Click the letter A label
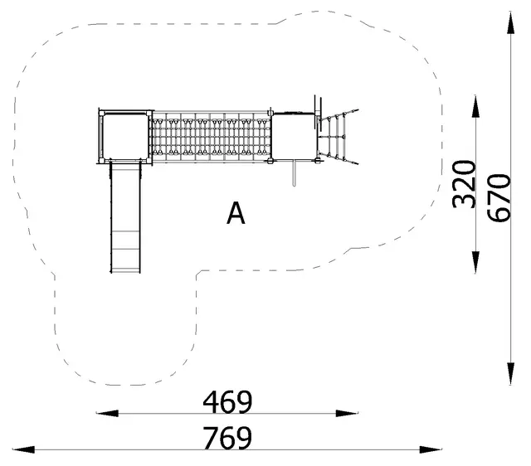pyautogui.click(x=236, y=213)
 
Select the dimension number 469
pyautogui.click(x=227, y=403)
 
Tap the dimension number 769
pyautogui.click(x=227, y=438)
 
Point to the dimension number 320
pyautogui.click(x=464, y=184)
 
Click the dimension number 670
pyautogui.click(x=499, y=198)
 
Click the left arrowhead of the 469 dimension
pyautogui.click(x=107, y=413)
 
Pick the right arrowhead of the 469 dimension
pyautogui.click(x=347, y=413)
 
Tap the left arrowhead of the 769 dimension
pyautogui.click(x=24, y=449)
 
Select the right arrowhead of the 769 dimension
pyautogui.click(x=431, y=449)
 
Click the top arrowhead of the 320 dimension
pyautogui.click(x=475, y=107)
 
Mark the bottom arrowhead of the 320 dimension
pyautogui.click(x=475, y=262)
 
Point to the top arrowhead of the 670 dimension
pyautogui.click(x=511, y=22)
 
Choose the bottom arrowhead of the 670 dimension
pyautogui.click(x=511, y=374)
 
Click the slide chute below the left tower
pyautogui.click(x=125, y=217)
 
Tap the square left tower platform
pyautogui.click(x=125, y=137)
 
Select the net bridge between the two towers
pyautogui.click(x=211, y=136)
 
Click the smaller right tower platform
pyautogui.click(x=294, y=136)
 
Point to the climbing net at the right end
pyautogui.click(x=338, y=137)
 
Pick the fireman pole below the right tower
pyautogui.click(x=294, y=173)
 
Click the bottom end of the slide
pyautogui.click(x=125, y=273)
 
